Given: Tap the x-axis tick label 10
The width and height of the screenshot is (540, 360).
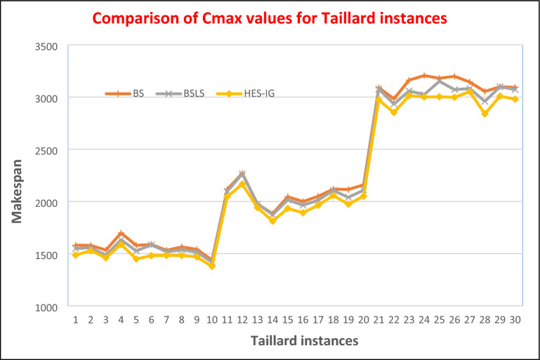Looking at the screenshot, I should click(x=211, y=319).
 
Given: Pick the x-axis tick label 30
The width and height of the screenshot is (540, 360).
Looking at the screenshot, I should click(x=514, y=319).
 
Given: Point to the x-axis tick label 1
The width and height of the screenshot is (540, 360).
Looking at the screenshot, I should click(x=75, y=319).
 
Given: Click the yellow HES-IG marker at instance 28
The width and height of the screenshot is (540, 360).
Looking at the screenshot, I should click(x=484, y=113).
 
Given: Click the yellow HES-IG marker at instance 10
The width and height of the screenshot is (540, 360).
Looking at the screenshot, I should click(x=211, y=266).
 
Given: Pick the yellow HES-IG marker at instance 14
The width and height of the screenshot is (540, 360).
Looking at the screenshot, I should click(x=272, y=220).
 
